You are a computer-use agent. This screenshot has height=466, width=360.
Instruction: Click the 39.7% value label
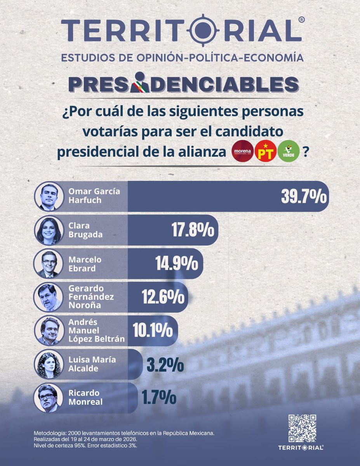(x=303, y=197)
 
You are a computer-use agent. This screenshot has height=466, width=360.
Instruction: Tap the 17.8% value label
(x=193, y=231)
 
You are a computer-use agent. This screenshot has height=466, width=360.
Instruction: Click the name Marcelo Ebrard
(x=82, y=264)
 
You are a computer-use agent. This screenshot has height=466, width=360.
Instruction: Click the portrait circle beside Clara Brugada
(x=49, y=230)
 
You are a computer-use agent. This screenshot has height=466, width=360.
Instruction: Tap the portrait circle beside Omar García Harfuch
(x=49, y=196)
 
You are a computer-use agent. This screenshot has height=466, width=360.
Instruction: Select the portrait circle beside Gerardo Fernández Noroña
(x=49, y=297)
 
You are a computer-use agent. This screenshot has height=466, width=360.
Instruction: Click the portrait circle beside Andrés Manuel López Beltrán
(x=49, y=331)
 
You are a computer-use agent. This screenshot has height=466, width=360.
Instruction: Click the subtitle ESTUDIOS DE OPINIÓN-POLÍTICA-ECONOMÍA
(x=182, y=58)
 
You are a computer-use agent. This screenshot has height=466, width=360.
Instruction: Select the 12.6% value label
(x=163, y=297)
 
